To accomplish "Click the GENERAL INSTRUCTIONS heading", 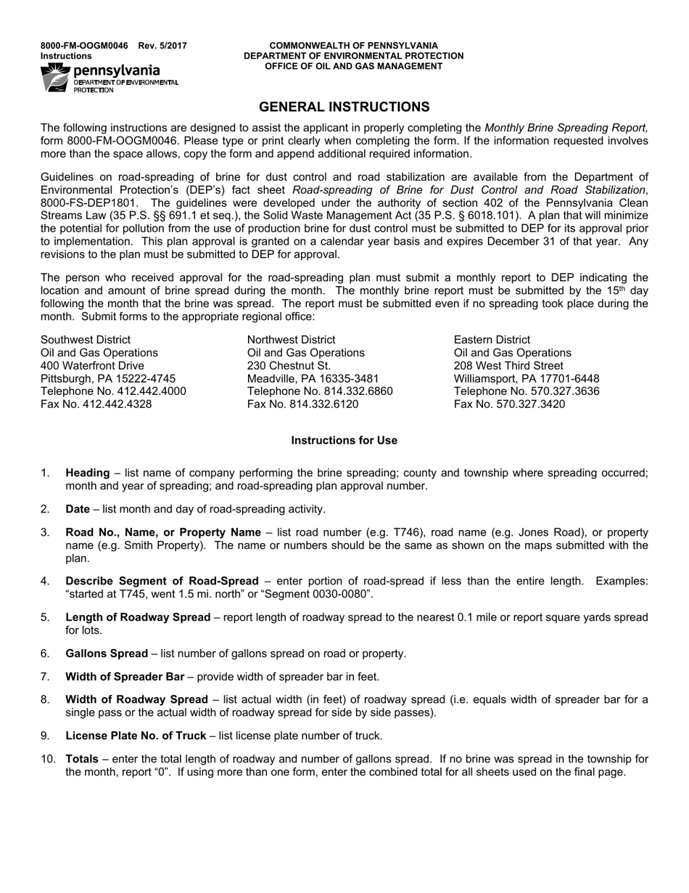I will point(344,107).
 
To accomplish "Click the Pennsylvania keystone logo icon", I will point(56,78).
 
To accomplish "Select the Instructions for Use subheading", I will point(344,441).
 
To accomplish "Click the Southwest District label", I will point(86,340).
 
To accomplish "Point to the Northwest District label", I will point(291,340).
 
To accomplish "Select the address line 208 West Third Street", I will point(508,366).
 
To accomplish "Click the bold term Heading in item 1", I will point(88,473).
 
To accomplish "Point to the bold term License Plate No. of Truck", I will point(136,736).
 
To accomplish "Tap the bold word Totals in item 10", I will point(82,759).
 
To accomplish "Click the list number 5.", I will point(45,618).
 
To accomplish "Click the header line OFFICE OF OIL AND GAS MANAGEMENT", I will point(353,66).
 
